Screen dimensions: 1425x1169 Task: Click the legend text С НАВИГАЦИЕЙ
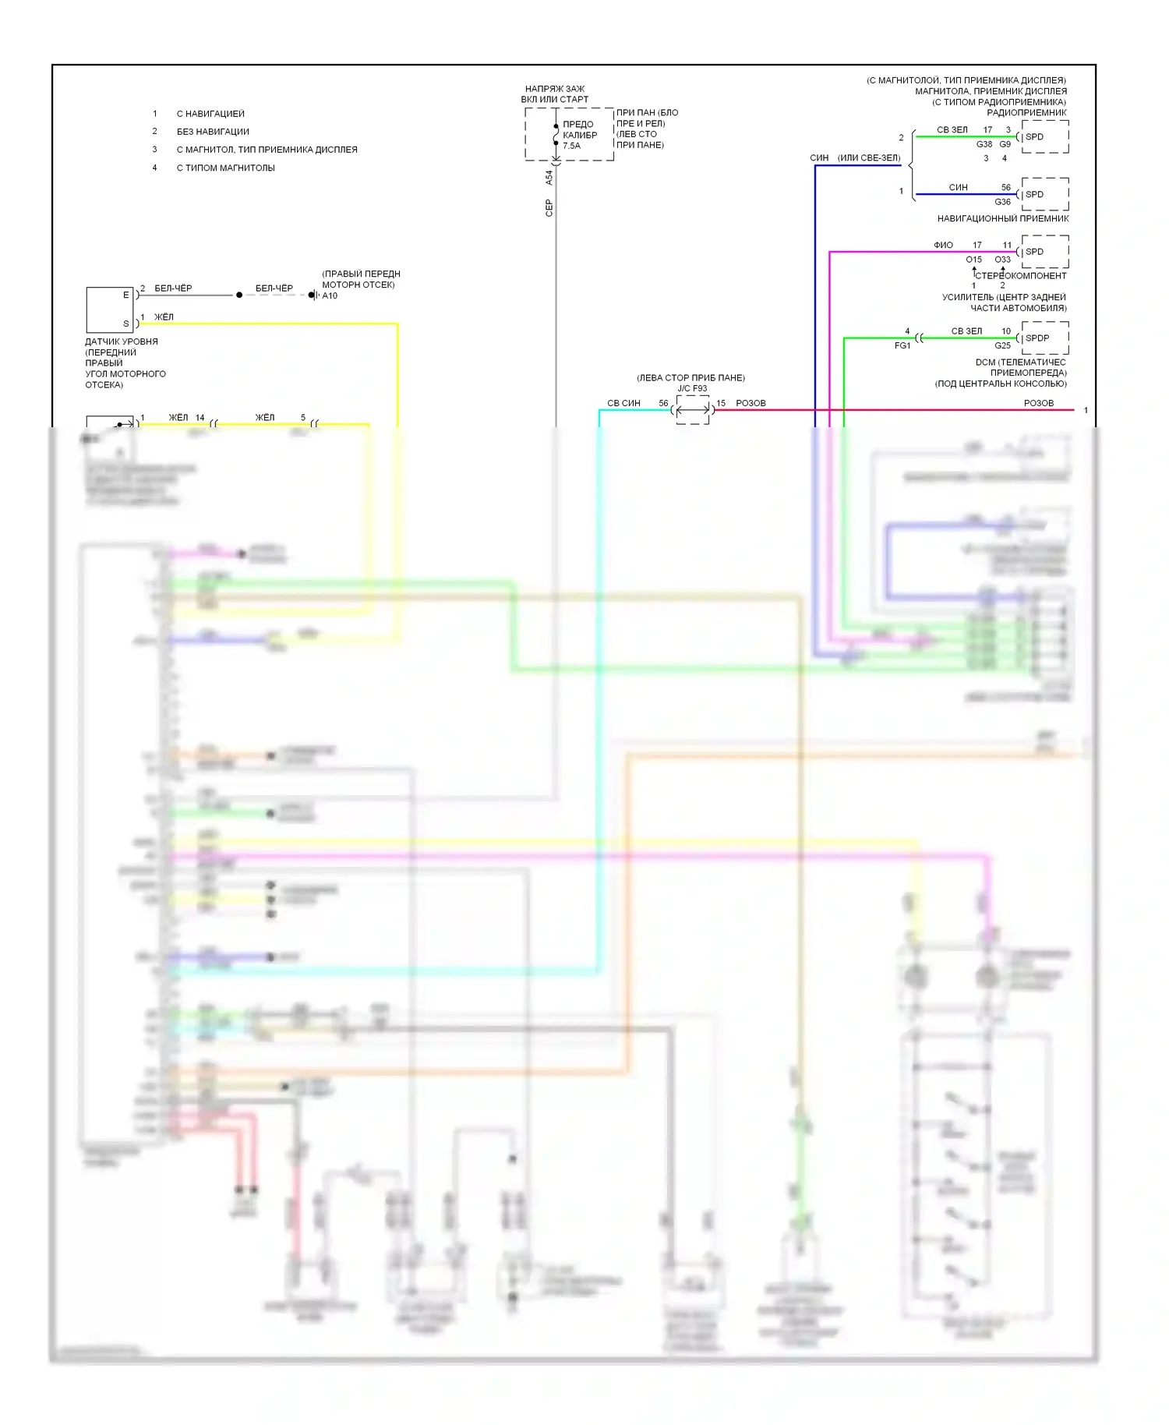(210, 114)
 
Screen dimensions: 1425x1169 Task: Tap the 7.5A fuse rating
(571, 146)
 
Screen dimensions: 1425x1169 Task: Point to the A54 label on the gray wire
(549, 178)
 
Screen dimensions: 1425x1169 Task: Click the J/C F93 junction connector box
(693, 409)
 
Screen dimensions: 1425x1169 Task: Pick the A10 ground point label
(330, 295)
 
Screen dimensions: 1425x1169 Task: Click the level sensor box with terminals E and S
(110, 309)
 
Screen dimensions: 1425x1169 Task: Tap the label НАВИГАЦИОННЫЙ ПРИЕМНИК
(1002, 219)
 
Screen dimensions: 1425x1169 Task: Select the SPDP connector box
(1044, 338)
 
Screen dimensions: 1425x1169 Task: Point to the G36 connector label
(1002, 202)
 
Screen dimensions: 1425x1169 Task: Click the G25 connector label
(1002, 345)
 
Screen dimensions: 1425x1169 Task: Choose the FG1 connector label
(902, 345)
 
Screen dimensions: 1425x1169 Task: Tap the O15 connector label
(974, 260)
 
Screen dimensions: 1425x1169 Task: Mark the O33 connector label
(1002, 260)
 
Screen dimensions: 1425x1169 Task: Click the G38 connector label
(984, 144)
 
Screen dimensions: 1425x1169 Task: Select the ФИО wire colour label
(943, 245)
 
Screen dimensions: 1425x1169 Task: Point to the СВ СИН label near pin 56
(623, 403)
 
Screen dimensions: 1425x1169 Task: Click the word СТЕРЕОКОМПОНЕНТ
(1021, 276)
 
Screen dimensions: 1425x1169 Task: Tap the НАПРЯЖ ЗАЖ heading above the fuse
(555, 89)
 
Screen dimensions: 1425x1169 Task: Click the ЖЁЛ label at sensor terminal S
(164, 317)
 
